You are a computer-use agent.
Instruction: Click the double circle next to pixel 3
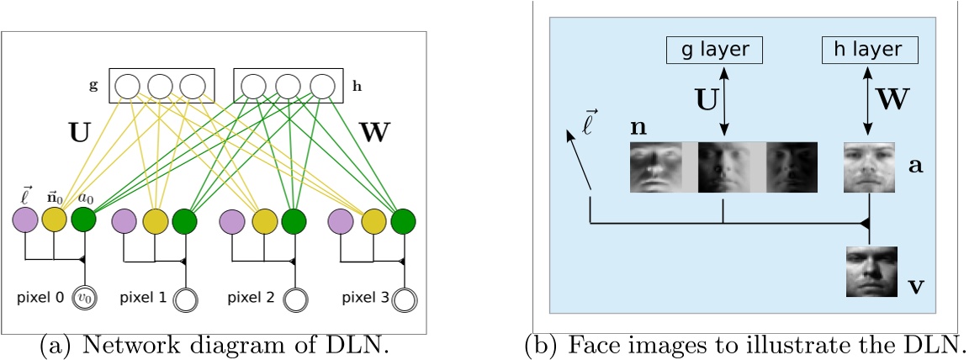405,299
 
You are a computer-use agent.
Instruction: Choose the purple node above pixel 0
24,220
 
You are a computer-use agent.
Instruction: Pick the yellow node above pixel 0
54,220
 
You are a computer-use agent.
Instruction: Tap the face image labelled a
870,166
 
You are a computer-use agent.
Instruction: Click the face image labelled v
871,271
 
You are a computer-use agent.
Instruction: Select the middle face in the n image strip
723,166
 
